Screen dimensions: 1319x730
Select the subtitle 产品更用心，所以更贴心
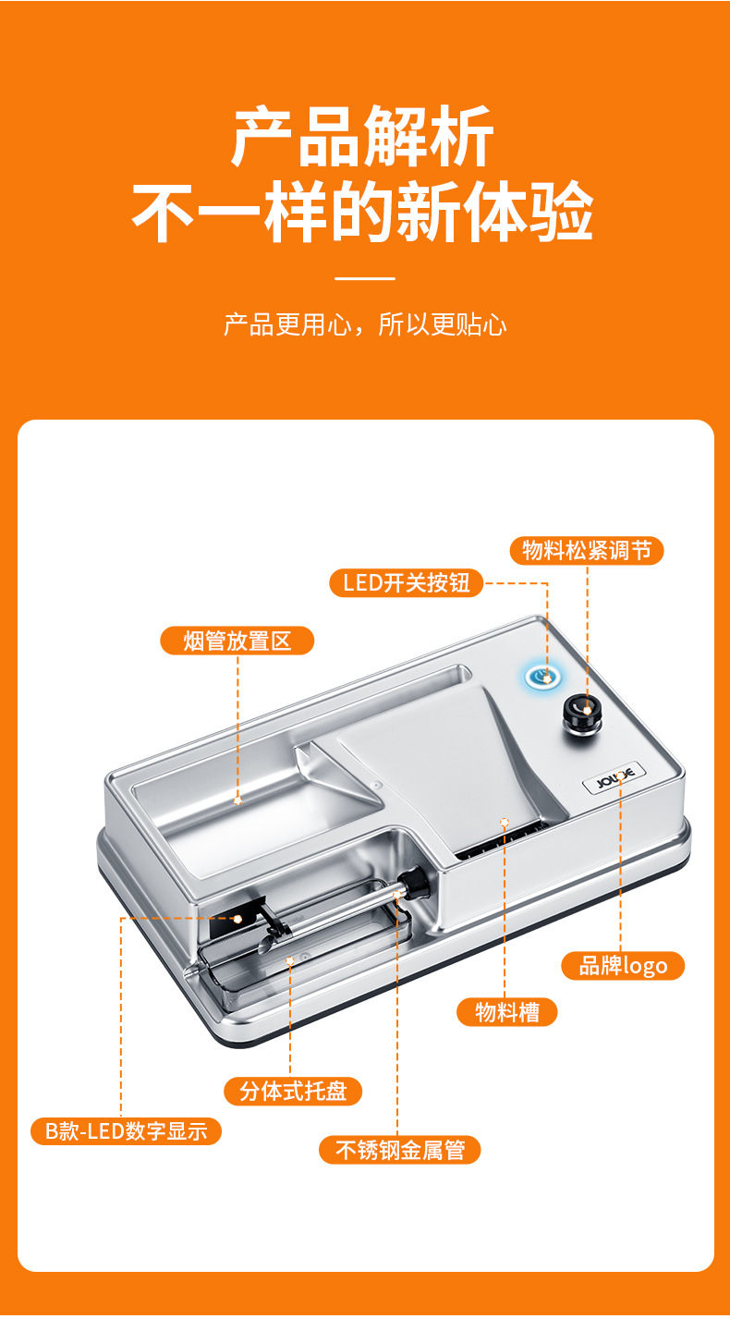click(365, 325)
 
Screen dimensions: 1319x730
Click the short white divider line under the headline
click(364, 277)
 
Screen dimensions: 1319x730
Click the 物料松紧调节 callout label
click(587, 551)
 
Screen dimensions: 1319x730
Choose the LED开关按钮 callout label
click(407, 582)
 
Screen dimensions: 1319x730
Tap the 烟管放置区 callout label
click(237, 641)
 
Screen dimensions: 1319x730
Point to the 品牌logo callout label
click(623, 966)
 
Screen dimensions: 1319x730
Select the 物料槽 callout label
click(507, 1012)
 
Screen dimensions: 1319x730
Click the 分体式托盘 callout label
click(293, 1091)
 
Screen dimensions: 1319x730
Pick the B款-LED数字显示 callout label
click(127, 1130)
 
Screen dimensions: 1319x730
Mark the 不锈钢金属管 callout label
click(400, 1150)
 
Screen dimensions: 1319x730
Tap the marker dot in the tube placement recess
click(237, 800)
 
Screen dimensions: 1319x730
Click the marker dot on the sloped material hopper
click(505, 820)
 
